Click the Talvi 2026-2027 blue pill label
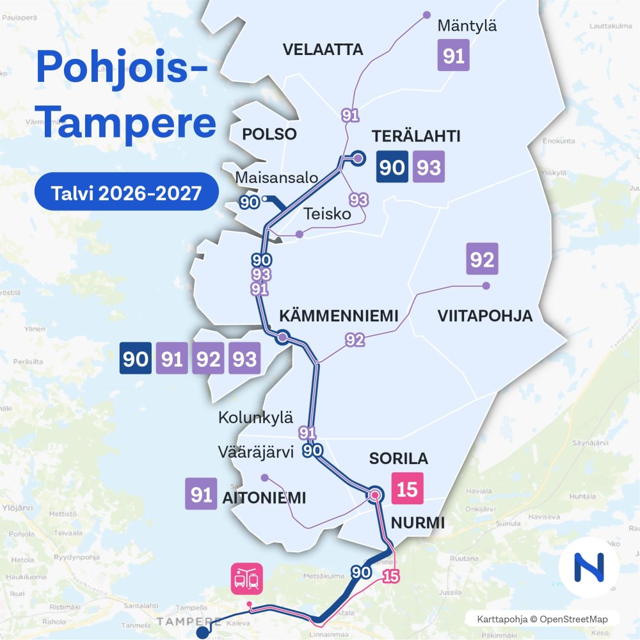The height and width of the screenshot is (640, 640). point(127,192)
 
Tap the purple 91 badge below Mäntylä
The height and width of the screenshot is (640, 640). point(454,56)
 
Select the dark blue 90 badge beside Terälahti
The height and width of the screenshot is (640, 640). point(392,167)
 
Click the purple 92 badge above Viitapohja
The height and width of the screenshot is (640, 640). point(482,259)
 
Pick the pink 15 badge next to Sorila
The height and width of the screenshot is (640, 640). point(407,490)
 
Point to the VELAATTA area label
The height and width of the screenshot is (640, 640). point(323,49)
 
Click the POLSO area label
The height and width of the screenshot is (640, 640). point(269,134)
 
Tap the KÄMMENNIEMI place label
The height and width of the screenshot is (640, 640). point(339,316)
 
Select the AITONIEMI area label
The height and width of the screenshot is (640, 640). point(263,498)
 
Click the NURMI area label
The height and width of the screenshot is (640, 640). point(417,523)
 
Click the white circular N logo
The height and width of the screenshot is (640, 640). point(589,568)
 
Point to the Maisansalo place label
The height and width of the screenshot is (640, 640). point(276,177)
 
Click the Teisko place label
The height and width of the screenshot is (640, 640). point(327,214)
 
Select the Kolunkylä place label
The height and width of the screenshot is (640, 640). point(255,419)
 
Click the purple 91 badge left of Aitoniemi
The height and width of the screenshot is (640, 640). point(202,495)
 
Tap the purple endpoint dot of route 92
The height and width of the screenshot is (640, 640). point(486,285)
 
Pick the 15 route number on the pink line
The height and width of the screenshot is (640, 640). point(390,576)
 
